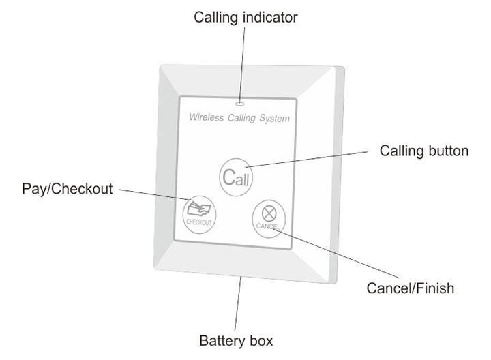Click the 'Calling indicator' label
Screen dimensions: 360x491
(x=245, y=17)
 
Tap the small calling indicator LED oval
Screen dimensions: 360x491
(x=239, y=104)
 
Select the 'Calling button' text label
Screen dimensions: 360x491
(x=423, y=151)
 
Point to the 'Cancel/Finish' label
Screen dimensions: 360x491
(x=410, y=288)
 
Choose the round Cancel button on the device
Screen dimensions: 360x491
(x=267, y=217)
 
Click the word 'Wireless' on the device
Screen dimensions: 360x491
(x=207, y=118)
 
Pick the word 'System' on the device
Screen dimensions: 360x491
(x=273, y=119)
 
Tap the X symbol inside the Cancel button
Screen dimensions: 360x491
(x=267, y=212)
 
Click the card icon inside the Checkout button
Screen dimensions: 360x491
(x=198, y=208)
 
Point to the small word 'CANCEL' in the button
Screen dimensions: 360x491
(x=267, y=226)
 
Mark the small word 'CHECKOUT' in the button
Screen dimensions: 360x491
(x=199, y=222)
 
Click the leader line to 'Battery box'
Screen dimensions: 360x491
(x=238, y=303)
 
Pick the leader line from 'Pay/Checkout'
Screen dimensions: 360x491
(x=157, y=194)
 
